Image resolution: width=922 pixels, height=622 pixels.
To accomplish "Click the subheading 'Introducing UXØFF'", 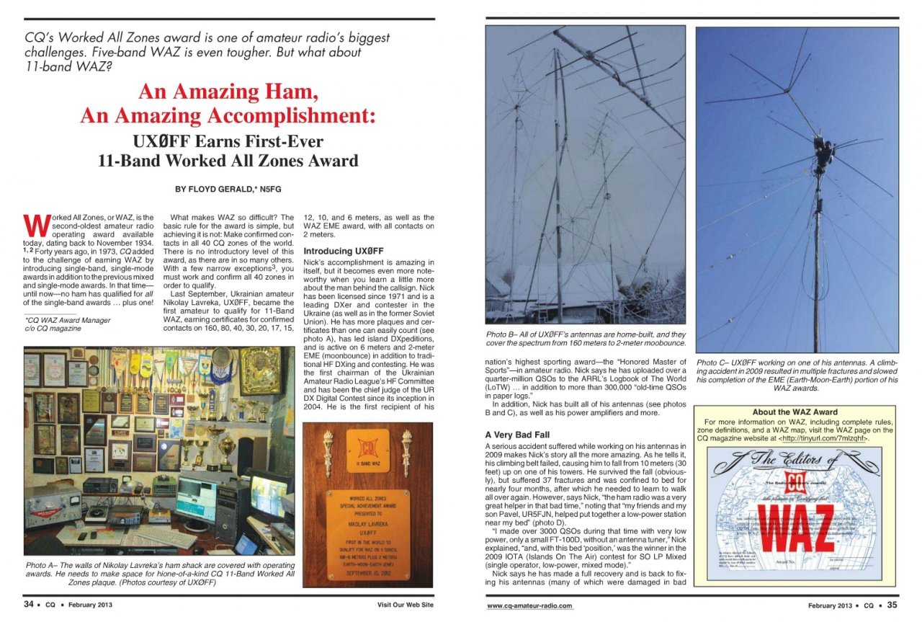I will point(338,251).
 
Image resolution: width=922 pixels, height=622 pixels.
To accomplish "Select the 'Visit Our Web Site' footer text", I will point(405,605).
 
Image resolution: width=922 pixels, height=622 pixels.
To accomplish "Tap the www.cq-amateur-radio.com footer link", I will point(529,606).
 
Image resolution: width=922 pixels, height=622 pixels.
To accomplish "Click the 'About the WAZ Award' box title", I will point(795,412).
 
